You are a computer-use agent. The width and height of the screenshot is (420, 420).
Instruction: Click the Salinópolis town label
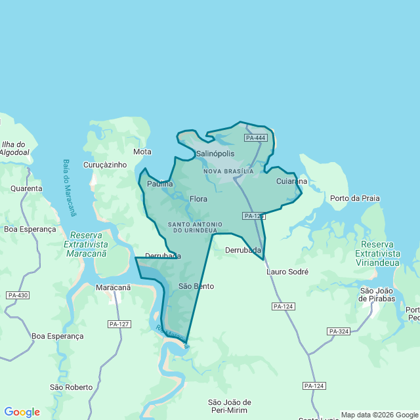(215, 154)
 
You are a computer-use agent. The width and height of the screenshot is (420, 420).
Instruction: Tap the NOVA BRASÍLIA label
(228, 171)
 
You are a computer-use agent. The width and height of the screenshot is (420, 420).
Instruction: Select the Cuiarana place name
(291, 181)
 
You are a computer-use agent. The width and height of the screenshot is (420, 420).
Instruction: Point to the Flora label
(198, 199)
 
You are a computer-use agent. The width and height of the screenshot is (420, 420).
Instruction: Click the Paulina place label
(160, 184)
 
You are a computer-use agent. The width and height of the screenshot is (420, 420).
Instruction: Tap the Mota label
(142, 152)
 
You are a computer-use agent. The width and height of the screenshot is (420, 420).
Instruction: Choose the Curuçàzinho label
(105, 165)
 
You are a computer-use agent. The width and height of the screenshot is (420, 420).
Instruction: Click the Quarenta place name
(26, 188)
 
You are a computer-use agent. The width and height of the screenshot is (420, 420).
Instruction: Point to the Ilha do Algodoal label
(14, 148)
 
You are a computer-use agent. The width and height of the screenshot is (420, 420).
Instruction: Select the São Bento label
(196, 286)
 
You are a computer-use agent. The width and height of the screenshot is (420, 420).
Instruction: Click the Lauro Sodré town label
(287, 271)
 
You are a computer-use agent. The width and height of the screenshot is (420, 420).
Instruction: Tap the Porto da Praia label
(355, 198)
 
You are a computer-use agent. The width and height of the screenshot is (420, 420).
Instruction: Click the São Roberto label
(71, 387)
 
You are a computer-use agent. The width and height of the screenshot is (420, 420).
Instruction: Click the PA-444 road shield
(255, 138)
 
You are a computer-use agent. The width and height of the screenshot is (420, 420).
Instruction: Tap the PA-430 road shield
(18, 295)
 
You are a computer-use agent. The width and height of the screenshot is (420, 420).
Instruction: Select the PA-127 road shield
(119, 324)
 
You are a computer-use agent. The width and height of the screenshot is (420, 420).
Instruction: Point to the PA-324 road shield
(339, 331)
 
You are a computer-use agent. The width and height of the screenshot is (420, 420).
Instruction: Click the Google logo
(22, 412)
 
